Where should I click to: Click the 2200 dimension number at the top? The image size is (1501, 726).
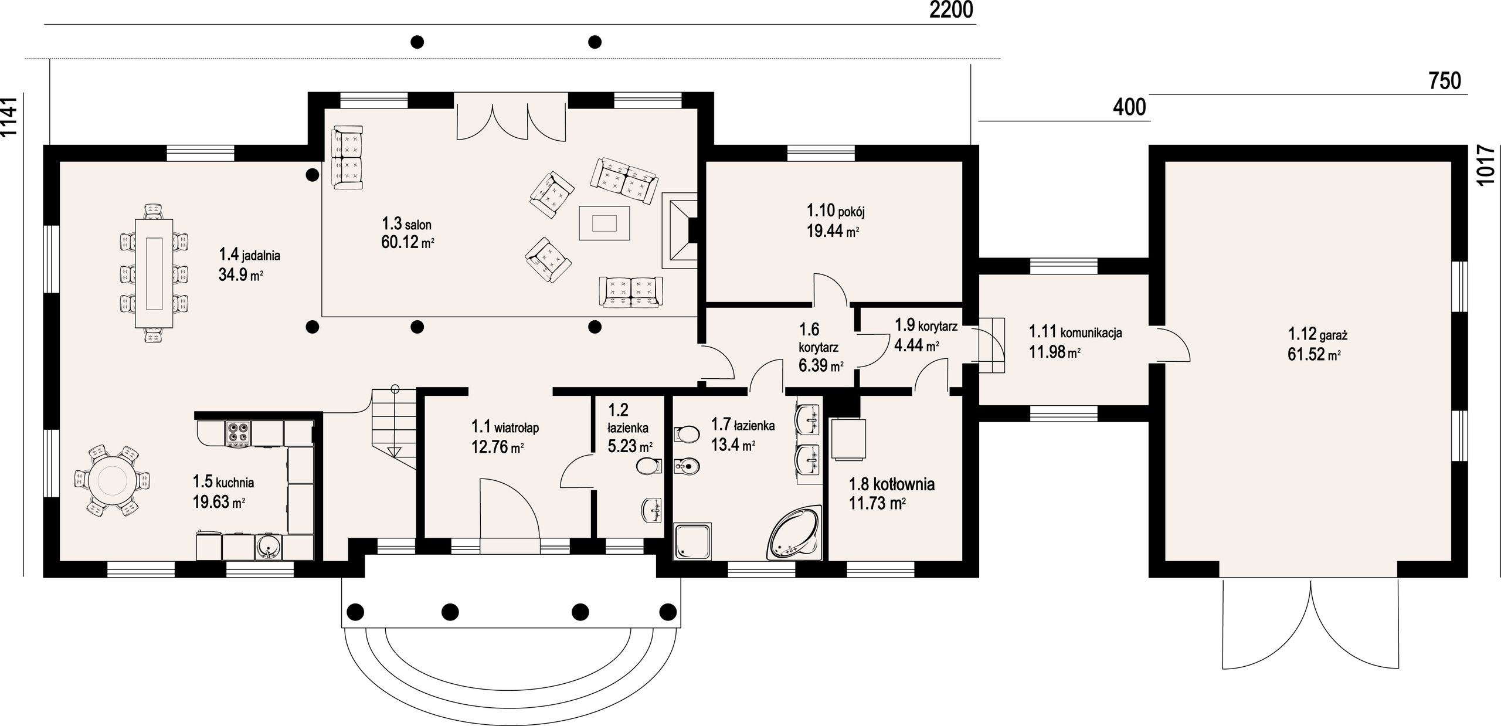coord(951,10)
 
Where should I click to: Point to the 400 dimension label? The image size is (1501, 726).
coord(1129,107)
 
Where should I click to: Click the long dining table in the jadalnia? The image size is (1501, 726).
coord(155,273)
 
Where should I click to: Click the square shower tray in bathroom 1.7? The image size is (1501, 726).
coord(694,541)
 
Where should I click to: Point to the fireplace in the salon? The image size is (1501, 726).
coord(680,230)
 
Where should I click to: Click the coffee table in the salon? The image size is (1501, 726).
coord(604,223)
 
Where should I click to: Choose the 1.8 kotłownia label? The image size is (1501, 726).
coord(892,484)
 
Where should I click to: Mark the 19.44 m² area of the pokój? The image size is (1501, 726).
coord(833,230)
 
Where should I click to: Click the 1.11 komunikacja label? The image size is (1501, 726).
coord(1075,332)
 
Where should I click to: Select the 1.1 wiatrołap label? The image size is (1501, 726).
coord(505,426)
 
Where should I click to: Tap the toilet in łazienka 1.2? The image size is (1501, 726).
coord(648,467)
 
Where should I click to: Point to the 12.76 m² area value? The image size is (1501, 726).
coord(497,447)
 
